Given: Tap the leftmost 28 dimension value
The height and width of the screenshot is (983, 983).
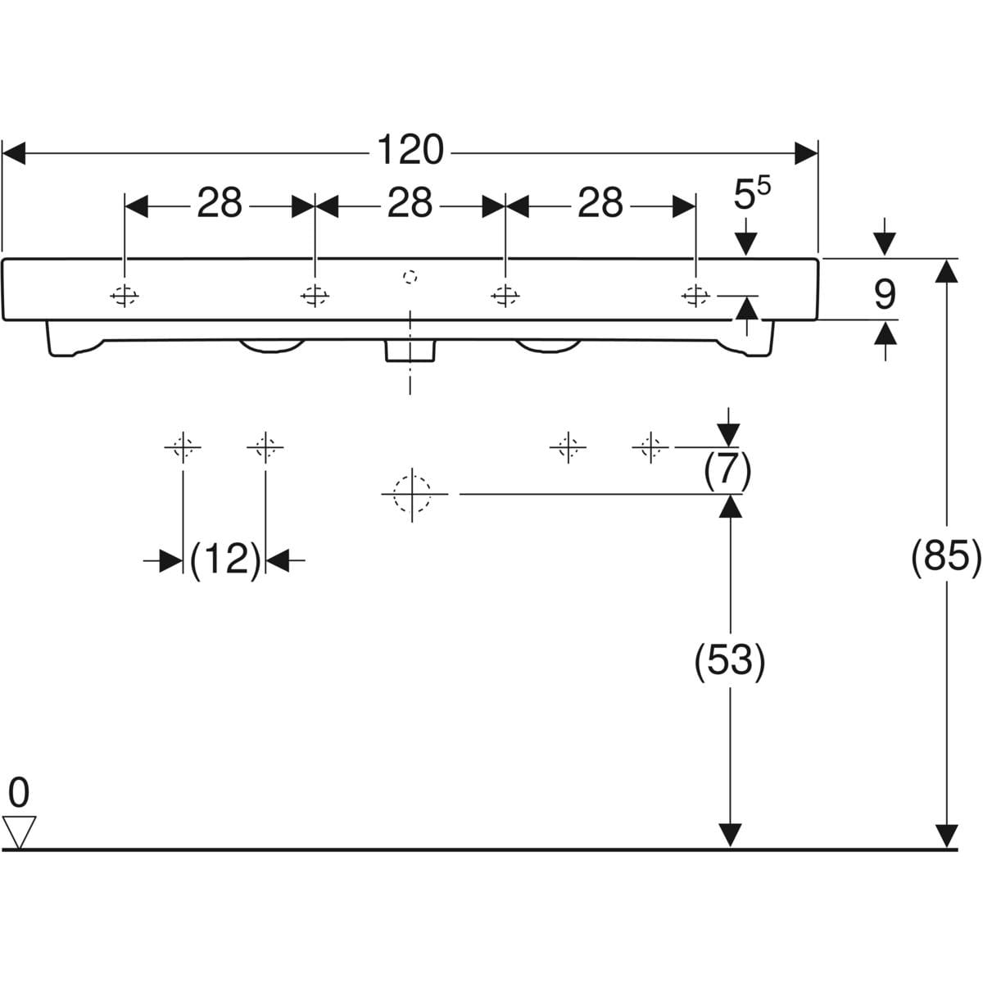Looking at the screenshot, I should click(x=220, y=204).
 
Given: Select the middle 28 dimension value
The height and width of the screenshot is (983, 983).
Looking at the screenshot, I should click(x=410, y=204).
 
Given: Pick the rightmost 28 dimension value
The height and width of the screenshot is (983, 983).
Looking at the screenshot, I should click(x=600, y=204).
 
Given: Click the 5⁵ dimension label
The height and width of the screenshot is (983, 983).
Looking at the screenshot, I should click(x=750, y=197).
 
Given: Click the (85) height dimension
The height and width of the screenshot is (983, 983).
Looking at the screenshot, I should click(x=946, y=558).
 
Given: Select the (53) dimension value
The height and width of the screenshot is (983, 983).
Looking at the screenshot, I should click(x=729, y=660).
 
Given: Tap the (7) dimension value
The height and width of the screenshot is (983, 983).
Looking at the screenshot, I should click(x=727, y=469).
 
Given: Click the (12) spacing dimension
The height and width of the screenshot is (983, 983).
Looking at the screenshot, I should click(x=224, y=560).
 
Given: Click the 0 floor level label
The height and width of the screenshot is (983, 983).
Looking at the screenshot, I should click(x=18, y=793).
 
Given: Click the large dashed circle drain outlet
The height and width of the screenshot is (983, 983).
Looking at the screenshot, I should click(x=412, y=494).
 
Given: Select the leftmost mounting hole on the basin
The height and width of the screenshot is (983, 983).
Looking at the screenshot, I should click(x=125, y=295).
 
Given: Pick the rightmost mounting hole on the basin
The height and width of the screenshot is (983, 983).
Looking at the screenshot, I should click(x=695, y=295).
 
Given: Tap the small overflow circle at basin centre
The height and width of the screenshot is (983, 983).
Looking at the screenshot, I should click(x=410, y=276).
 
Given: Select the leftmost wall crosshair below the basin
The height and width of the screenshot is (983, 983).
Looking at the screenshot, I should click(x=182, y=446).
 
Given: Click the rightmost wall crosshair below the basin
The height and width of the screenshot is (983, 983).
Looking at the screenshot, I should click(x=650, y=446).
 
